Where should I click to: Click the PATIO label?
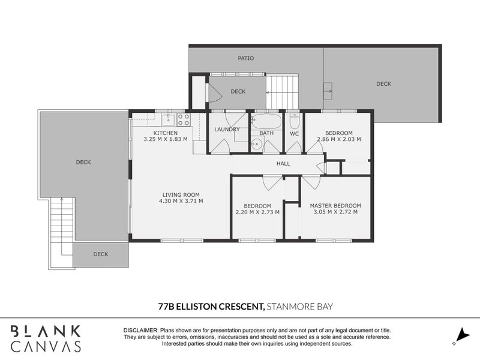(x=246, y=58)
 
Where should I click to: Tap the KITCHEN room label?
(x=166, y=133)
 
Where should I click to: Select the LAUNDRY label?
(x=227, y=130)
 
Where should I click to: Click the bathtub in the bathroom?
(x=266, y=121)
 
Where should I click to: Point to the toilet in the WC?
(x=295, y=121)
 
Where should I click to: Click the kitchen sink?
(x=169, y=119)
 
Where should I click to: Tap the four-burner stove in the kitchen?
(x=184, y=119)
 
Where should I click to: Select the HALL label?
(x=283, y=164)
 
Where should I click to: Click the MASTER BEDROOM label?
(x=335, y=206)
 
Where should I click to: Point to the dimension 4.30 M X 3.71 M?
(x=181, y=201)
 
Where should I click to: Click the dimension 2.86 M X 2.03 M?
(x=339, y=139)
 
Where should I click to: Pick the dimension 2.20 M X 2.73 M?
(x=257, y=212)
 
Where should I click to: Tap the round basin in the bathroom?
(x=257, y=143)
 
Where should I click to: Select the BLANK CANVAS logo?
(x=46, y=339)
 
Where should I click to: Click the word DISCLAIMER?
(x=141, y=331)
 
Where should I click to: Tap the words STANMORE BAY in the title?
(x=300, y=307)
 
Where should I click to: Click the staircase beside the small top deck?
(x=281, y=92)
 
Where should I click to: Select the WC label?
(x=294, y=134)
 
